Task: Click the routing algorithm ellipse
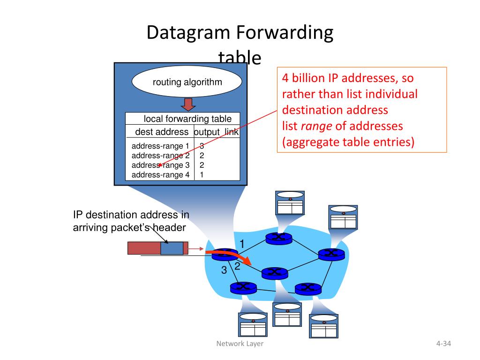(187, 82)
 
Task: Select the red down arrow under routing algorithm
(188, 104)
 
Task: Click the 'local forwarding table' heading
(187, 119)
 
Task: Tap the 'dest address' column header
(162, 132)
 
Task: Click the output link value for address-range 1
(202, 146)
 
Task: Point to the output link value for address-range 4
(202, 175)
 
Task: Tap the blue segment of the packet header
(172, 248)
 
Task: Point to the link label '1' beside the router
(242, 244)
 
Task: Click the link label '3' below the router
(224, 270)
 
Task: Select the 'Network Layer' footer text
(240, 344)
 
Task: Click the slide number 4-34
(443, 344)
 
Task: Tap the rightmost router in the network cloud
(331, 254)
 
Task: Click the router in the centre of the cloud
(275, 272)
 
